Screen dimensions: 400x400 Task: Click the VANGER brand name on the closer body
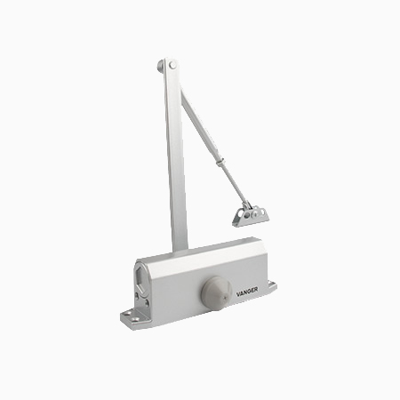(247, 292)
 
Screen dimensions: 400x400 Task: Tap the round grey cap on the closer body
(216, 293)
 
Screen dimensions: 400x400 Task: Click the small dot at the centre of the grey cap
(225, 295)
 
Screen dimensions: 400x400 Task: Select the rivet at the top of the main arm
(172, 65)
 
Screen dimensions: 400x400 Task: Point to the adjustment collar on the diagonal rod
(220, 162)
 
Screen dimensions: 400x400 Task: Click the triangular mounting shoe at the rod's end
(251, 217)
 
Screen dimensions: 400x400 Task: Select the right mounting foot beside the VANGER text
(272, 285)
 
